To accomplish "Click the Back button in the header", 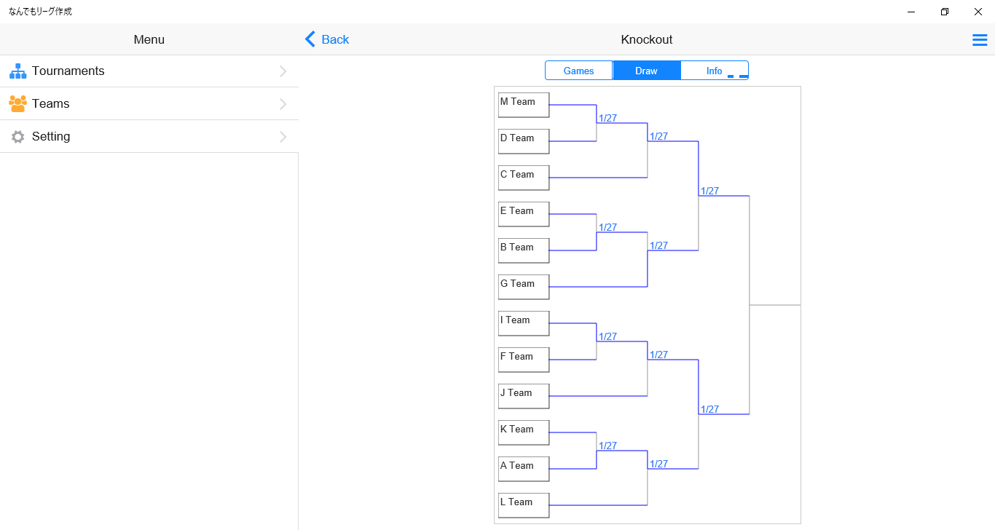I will (327, 39).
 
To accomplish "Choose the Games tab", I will (579, 71).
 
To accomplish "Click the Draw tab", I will (646, 71).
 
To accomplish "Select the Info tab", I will (714, 71).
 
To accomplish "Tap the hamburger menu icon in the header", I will (980, 40).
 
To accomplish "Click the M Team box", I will (524, 105).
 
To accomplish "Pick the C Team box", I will (524, 178).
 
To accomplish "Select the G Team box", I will (524, 287).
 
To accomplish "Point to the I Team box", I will (524, 323).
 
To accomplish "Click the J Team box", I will (524, 396).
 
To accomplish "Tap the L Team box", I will (524, 505).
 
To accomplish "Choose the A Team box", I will (524, 469).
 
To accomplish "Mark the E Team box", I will (524, 214).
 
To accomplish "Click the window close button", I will (978, 12).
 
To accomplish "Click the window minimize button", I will (911, 12).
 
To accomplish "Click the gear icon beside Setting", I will (18, 137).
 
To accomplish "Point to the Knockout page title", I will (646, 39).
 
